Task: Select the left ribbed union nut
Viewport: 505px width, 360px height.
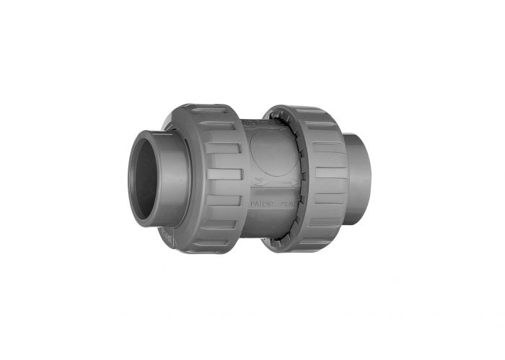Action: [x=216, y=177]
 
